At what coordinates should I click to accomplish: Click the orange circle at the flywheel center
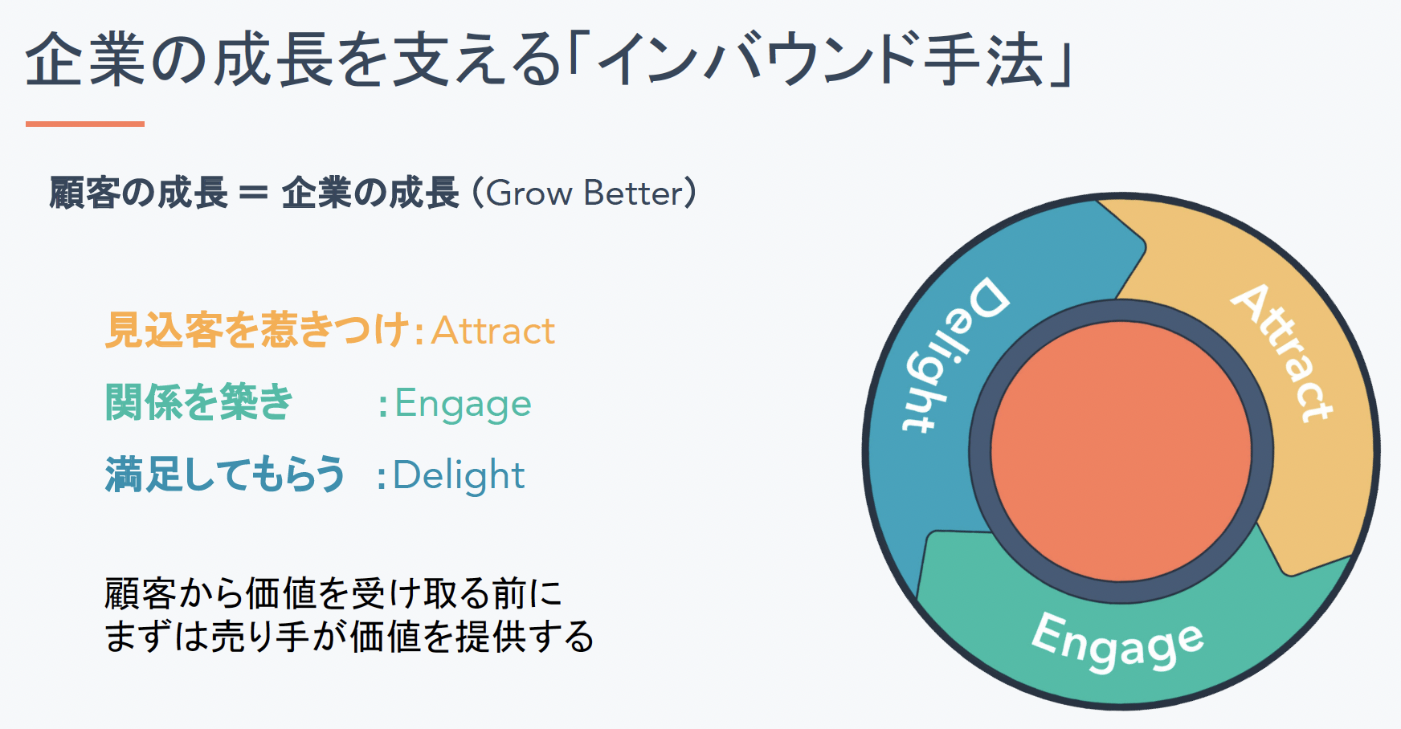click(x=1121, y=451)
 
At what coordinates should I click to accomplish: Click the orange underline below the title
click(x=85, y=124)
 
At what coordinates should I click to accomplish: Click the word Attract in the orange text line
click(x=493, y=331)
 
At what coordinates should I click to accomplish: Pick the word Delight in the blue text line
click(x=459, y=475)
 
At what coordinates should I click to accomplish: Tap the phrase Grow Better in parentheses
click(x=584, y=193)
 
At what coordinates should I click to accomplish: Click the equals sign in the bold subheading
click(x=253, y=193)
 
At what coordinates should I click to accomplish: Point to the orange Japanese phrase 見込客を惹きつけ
click(x=258, y=330)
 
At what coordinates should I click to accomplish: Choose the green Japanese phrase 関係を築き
click(x=199, y=402)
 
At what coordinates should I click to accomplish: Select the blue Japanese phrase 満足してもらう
click(x=225, y=474)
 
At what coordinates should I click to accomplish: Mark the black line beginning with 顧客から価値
click(x=333, y=594)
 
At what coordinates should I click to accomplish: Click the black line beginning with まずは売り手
click(x=349, y=637)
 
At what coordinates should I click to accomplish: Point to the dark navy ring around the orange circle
click(x=1121, y=311)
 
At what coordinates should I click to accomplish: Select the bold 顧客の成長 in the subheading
click(x=138, y=193)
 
